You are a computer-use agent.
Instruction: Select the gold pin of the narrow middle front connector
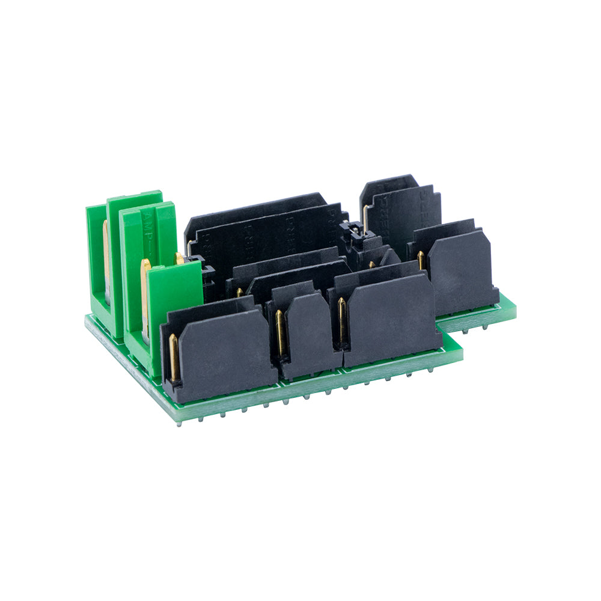click(x=280, y=332)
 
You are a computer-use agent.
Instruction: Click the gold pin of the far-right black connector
click(x=421, y=260)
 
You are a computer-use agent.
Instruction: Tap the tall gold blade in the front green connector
click(x=145, y=294)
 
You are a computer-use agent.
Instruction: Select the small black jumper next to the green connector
click(x=207, y=276)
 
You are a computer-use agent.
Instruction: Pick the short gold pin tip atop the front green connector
click(x=179, y=258)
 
